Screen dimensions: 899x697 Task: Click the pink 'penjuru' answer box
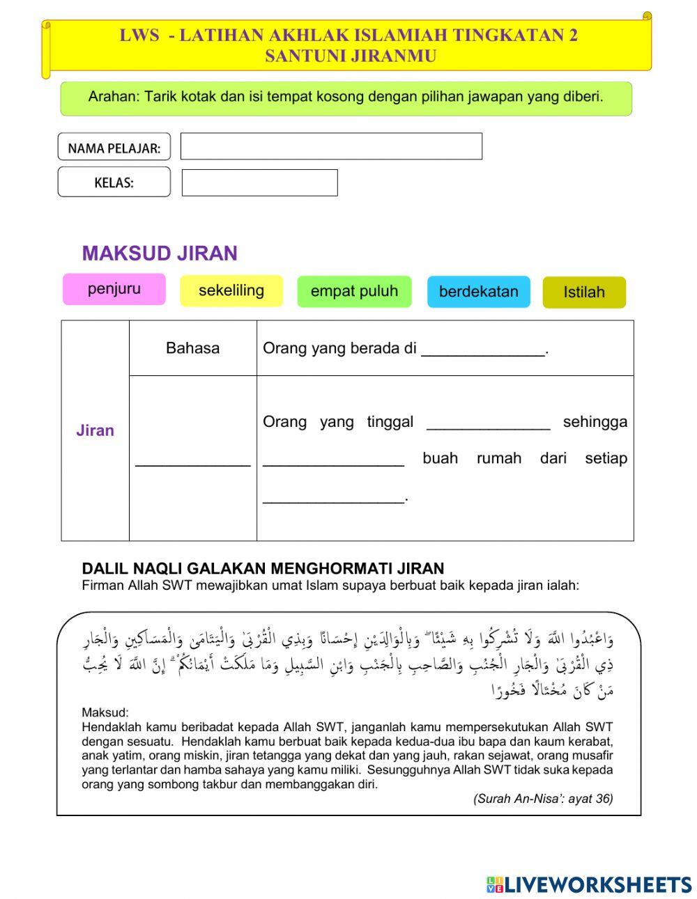[x=114, y=289]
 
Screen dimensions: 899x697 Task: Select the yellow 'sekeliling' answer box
[x=231, y=290]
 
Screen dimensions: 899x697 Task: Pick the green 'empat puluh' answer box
[x=354, y=291]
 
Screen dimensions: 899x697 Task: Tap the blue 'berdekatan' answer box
[x=478, y=292]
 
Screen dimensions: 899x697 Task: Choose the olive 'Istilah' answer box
[x=584, y=292]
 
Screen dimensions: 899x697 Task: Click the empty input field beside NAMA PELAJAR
[x=331, y=146]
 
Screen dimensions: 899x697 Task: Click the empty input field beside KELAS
[x=259, y=182]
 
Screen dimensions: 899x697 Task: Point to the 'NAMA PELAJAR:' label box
[x=114, y=148]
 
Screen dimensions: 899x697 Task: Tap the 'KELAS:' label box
[x=114, y=182]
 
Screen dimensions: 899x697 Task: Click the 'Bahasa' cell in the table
[x=192, y=348]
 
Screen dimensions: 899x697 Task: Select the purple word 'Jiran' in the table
[x=95, y=430]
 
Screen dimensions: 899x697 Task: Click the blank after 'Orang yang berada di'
[x=482, y=350]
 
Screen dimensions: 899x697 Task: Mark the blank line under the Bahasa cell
[x=192, y=460]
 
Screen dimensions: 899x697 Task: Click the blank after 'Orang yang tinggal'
[x=488, y=423]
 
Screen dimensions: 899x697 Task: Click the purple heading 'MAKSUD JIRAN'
[x=160, y=253]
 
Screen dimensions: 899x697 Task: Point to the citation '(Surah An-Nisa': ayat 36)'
[x=543, y=799]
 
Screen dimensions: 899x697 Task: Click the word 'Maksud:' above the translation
[x=105, y=712]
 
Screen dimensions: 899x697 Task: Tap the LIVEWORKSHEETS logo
[x=588, y=884]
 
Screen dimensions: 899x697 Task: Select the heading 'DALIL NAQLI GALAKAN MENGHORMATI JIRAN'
[x=263, y=569]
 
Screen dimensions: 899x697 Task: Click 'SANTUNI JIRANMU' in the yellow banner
[x=350, y=56]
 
